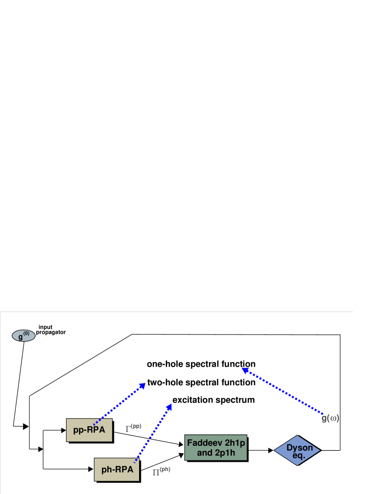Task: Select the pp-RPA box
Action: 89,430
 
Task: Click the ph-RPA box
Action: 117,469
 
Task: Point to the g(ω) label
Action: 330,418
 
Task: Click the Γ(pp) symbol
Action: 133,428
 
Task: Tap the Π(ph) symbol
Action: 161,471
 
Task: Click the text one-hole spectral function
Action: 201,364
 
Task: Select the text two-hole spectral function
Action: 201,382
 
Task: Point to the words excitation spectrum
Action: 213,400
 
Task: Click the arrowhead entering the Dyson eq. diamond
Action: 271,451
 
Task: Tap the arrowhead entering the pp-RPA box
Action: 64,431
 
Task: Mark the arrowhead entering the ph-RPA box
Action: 91,469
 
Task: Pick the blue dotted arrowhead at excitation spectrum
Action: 169,405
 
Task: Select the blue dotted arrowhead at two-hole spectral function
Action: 142,386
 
